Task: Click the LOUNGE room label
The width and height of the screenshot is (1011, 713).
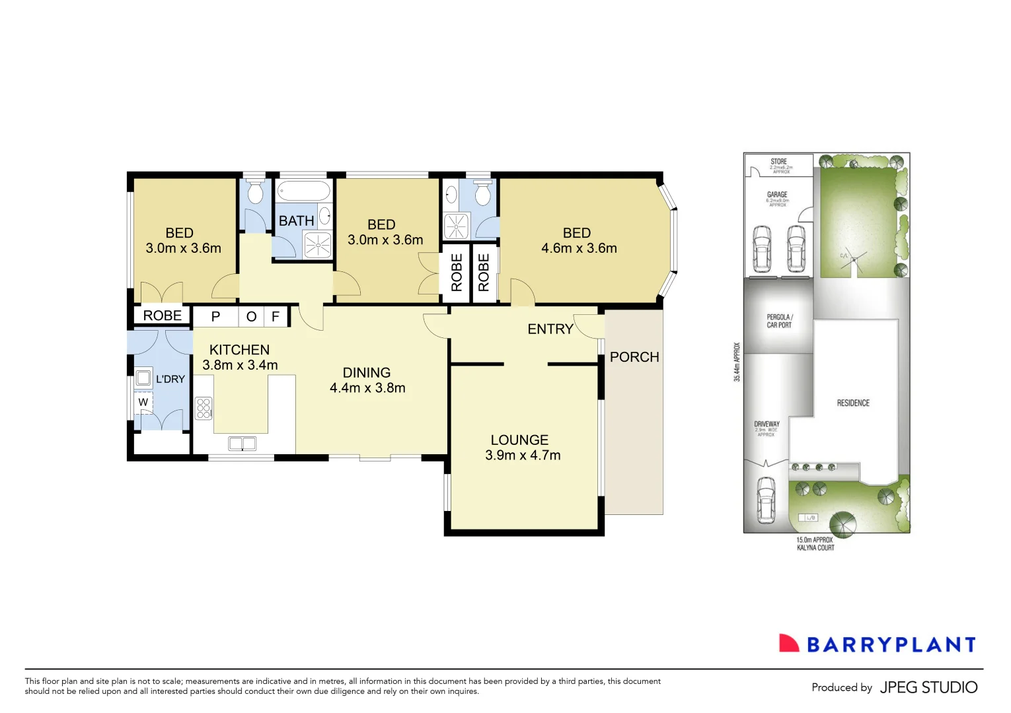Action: click(x=519, y=440)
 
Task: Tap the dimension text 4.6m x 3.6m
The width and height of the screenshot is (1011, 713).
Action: click(x=579, y=248)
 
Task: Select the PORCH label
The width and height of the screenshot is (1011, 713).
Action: click(x=634, y=357)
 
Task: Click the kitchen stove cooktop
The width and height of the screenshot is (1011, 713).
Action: click(x=204, y=408)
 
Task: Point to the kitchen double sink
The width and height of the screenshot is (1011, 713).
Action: click(x=243, y=443)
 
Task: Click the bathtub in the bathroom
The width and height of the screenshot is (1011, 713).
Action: click(x=303, y=191)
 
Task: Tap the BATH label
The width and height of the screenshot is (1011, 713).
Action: click(x=296, y=221)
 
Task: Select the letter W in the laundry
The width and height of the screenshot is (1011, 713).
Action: click(x=143, y=402)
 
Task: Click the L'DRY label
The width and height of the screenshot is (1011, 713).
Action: click(x=170, y=379)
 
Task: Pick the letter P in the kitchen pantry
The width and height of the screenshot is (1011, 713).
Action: click(x=215, y=317)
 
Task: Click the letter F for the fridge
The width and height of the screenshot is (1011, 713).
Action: click(x=276, y=317)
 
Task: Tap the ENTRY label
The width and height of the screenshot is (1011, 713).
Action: click(x=550, y=329)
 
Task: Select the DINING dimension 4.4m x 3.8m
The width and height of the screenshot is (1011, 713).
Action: click(x=367, y=388)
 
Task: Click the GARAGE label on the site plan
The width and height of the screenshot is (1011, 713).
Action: click(x=777, y=195)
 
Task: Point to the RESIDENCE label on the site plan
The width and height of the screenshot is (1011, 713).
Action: click(x=853, y=403)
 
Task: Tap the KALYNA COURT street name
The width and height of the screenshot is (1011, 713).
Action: click(x=815, y=548)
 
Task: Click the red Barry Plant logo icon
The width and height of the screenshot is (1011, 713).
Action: click(x=789, y=643)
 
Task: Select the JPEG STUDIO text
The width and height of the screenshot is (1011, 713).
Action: click(x=928, y=687)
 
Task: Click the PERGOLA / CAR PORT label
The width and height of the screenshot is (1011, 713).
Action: click(x=779, y=321)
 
